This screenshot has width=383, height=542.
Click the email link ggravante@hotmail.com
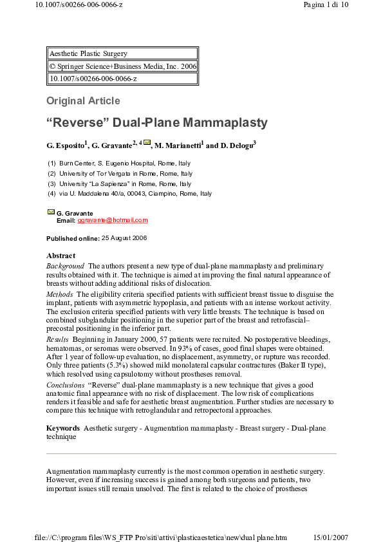[x=113, y=220]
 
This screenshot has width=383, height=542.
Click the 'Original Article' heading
[x=83, y=100]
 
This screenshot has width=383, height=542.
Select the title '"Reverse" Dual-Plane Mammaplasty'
[x=156, y=122]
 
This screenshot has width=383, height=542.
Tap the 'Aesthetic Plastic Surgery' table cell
[x=89, y=54]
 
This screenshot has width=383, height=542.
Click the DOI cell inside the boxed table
[x=93, y=79]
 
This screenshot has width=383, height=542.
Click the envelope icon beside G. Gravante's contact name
[x=51, y=212]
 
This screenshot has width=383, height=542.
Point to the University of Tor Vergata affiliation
[x=126, y=174]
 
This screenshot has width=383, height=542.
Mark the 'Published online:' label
[x=73, y=238]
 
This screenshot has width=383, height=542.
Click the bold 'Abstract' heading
[x=61, y=256]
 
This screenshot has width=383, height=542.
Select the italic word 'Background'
[x=65, y=266]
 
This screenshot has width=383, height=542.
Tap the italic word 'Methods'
[x=59, y=294]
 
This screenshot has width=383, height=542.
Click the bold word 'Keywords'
[x=62, y=428]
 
